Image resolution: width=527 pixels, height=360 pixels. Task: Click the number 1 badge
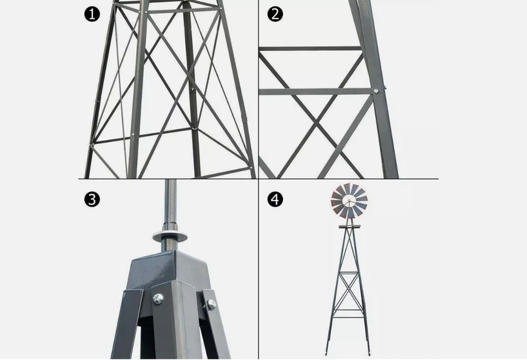93,14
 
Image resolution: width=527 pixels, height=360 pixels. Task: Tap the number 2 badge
275,14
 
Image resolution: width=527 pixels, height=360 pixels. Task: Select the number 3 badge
93,199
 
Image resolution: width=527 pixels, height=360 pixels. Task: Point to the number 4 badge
275,199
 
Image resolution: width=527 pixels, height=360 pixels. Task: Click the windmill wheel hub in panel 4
349,201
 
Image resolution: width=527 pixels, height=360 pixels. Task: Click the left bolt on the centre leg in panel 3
158,298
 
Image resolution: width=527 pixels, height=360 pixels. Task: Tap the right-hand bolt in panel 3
211,304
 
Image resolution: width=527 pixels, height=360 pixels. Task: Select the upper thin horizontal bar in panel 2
310,48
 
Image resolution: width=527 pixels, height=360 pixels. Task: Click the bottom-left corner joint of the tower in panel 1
94,143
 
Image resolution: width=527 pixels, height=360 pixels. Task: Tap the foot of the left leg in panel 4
328,352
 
